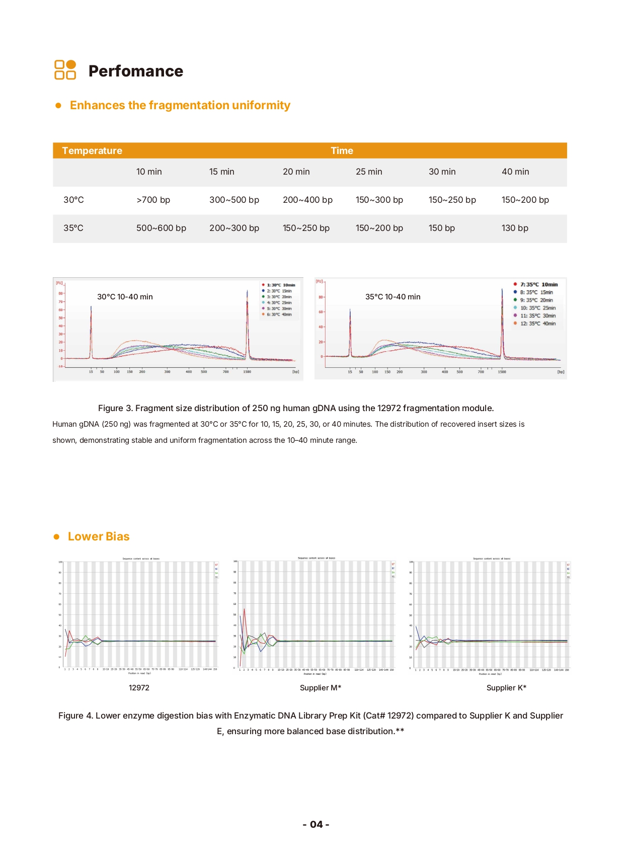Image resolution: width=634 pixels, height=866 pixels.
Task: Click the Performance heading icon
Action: tap(65, 70)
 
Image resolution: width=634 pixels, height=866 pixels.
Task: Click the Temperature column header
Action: tap(92, 150)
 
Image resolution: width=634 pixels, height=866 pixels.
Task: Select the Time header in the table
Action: tap(342, 150)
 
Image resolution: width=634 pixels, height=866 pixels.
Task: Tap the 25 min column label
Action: tap(369, 172)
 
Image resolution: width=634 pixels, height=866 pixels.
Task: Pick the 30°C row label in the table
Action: tap(73, 200)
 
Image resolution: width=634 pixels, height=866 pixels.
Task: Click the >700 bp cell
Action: tap(153, 200)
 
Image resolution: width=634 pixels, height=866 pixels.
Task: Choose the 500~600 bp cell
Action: tap(161, 228)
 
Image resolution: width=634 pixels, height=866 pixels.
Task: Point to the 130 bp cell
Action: tap(515, 228)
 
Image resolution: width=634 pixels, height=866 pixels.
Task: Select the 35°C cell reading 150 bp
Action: tap(441, 228)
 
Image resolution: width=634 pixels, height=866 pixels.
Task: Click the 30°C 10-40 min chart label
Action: tap(125, 297)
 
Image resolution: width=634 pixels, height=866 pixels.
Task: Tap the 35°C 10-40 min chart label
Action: tap(392, 297)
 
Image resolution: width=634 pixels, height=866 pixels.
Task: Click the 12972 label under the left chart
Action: tap(139, 688)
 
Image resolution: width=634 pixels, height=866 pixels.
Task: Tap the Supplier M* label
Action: tap(321, 688)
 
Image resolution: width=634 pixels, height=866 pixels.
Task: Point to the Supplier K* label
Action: tap(506, 688)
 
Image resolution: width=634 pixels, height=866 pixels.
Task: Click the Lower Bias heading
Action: tap(99, 536)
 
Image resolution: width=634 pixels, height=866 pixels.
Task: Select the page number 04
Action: tap(316, 824)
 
